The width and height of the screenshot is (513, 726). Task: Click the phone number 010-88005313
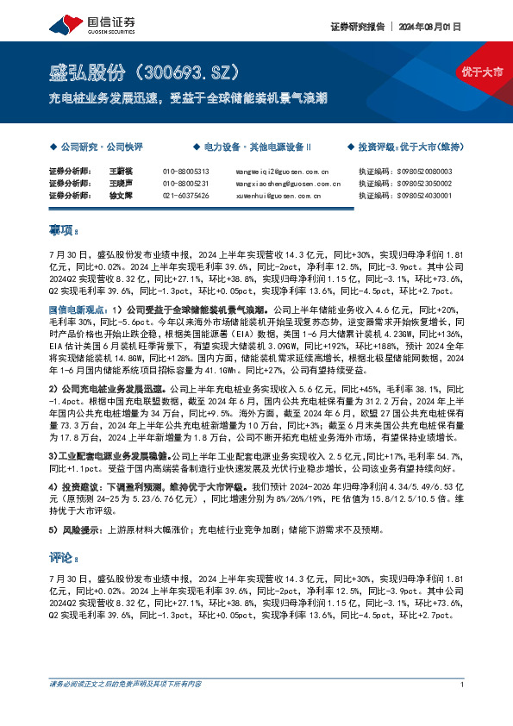185,172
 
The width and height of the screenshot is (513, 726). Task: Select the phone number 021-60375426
185,196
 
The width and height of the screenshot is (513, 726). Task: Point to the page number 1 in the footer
463,685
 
